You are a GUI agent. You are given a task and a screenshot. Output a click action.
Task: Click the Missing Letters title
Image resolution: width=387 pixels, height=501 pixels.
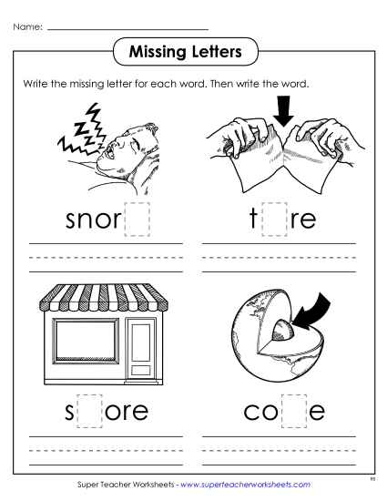[194, 51]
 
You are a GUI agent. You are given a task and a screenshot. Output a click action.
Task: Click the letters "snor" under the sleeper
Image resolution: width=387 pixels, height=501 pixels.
[94, 220]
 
